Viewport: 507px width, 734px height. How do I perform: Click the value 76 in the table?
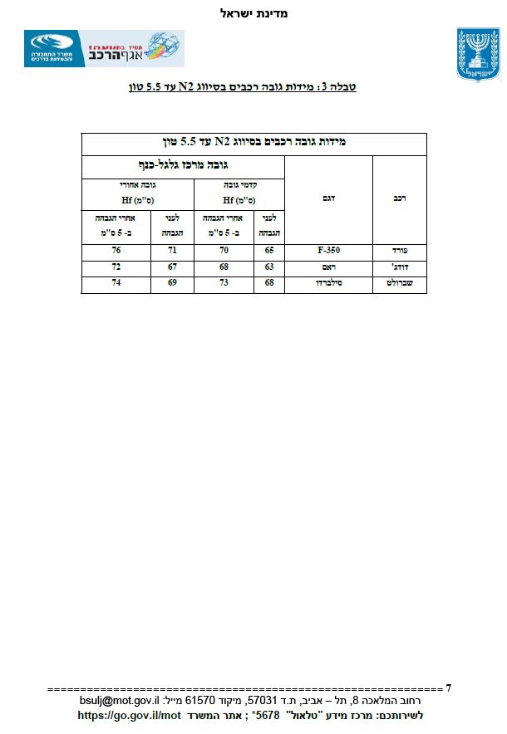tap(116, 249)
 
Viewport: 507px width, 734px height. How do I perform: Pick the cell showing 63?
tap(269, 267)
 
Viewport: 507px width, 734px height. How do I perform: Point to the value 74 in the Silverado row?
tap(116, 284)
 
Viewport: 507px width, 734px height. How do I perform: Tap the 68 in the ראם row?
tap(224, 267)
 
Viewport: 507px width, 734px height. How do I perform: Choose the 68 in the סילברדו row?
tap(269, 284)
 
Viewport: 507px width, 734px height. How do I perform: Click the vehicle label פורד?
tap(400, 249)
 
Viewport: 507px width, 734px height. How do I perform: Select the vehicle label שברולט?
tap(400, 284)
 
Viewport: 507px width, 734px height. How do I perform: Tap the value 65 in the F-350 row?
tap(269, 249)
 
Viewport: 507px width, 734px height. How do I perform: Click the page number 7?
tap(449, 688)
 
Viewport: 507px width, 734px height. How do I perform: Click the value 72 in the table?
tap(116, 267)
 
